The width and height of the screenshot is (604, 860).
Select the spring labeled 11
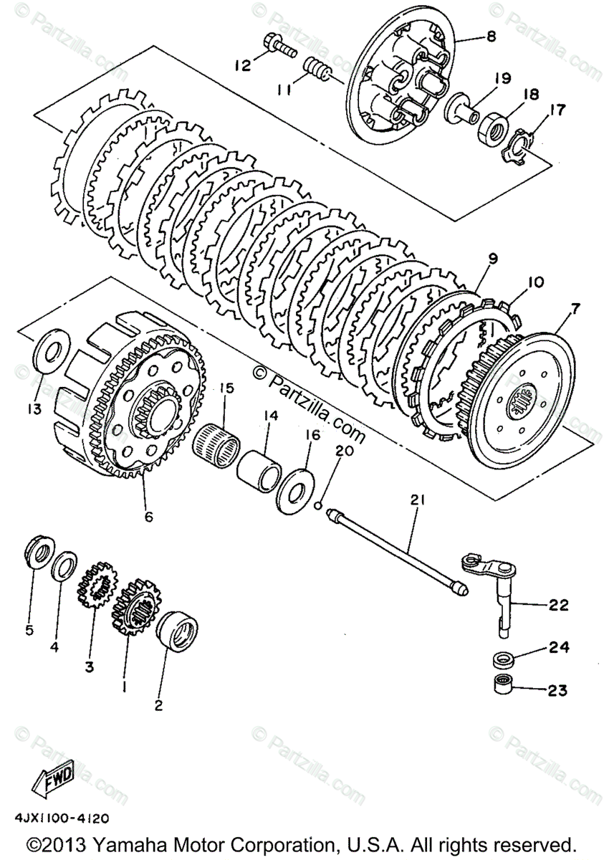tap(316, 70)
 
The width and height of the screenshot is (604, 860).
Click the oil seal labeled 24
tap(503, 659)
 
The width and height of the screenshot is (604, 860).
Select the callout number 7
tap(575, 307)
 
